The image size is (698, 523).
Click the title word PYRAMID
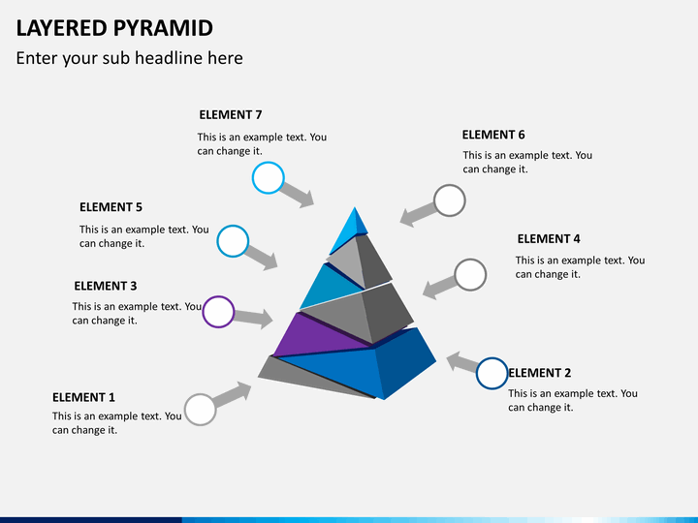click(x=163, y=28)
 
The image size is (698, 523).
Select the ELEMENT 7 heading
click(x=231, y=114)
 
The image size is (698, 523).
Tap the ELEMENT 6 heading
click(x=493, y=135)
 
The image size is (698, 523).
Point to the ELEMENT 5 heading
click(x=111, y=207)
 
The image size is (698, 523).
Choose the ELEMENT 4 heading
click(x=549, y=239)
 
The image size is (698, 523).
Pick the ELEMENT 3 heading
click(x=106, y=286)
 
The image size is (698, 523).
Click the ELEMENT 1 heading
click(x=83, y=397)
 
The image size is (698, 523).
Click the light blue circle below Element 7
click(x=268, y=178)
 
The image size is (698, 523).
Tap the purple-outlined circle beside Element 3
click(x=218, y=312)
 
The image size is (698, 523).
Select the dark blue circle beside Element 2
click(x=492, y=374)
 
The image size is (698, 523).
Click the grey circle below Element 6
click(x=450, y=200)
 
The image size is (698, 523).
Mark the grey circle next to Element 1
click(x=201, y=410)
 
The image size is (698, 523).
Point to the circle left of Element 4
click(x=470, y=275)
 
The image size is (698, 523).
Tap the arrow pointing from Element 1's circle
click(x=233, y=394)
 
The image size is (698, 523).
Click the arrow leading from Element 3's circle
click(x=253, y=318)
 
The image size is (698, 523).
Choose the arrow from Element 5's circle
click(x=262, y=258)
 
